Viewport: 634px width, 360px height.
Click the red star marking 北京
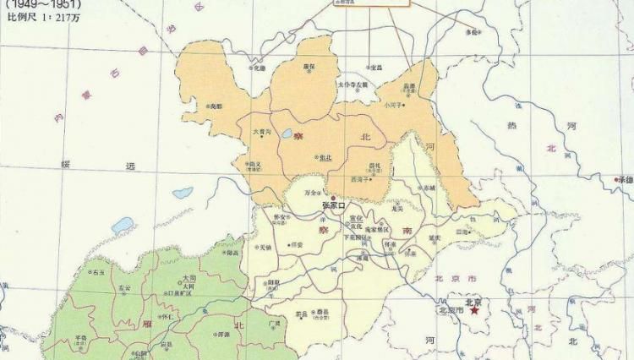[475, 311]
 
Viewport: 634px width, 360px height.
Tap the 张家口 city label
[335, 205]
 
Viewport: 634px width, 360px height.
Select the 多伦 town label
[472, 32]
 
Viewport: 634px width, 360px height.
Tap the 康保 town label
[309, 66]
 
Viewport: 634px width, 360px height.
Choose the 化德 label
[260, 68]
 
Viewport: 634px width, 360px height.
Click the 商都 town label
[217, 106]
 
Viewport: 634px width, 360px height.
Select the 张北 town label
[325, 157]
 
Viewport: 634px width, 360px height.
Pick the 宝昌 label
[376, 66]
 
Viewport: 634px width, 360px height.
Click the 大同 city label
[190, 277]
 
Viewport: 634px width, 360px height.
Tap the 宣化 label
[355, 217]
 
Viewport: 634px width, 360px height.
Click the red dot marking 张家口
[332, 197]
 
